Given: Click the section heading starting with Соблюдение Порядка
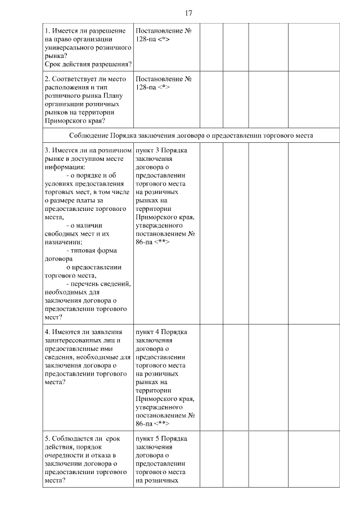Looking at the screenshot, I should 191,136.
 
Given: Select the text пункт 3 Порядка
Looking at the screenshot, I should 161,150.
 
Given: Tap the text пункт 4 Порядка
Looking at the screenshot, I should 161,331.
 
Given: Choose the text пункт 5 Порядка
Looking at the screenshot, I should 161,438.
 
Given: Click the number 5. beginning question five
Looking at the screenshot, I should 48,438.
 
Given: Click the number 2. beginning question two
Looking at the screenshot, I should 48,79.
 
